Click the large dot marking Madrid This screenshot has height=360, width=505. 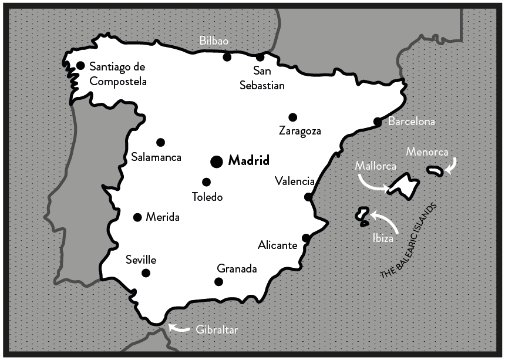point(216,161)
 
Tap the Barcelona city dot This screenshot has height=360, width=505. point(377,122)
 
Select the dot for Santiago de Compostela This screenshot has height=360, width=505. point(80,65)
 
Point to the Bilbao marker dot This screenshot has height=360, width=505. point(227,57)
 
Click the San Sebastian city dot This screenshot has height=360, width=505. point(260,57)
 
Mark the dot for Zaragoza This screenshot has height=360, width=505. point(292,117)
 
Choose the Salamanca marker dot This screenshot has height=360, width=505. point(160,142)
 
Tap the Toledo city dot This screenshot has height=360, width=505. point(206,182)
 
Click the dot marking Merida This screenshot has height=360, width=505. point(137,217)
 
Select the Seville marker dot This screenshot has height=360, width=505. point(146,272)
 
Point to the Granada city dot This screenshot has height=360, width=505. point(218,282)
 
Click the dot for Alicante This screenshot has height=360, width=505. point(306,238)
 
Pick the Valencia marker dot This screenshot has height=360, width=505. point(308,197)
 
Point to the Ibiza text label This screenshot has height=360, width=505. point(382,239)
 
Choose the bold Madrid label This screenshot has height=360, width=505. point(248,160)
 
